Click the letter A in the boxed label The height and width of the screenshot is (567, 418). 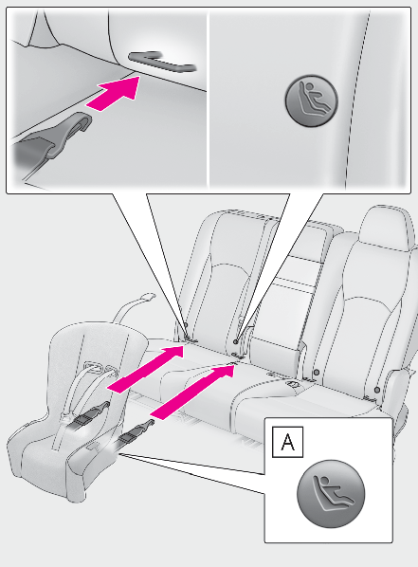coord(287,442)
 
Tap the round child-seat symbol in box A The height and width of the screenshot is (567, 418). coord(331,494)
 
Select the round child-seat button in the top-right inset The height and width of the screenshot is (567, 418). coord(311,101)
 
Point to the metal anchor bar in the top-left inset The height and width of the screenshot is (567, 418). coord(163,62)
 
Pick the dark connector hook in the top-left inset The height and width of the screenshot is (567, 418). coord(54,137)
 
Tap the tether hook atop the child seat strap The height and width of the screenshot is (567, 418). coord(146,297)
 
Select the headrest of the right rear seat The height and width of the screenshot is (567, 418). coord(386,226)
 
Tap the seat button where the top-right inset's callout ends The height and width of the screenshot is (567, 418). coord(236,341)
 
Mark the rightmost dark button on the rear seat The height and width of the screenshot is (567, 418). coord(377,390)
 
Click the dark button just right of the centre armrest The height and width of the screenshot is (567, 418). coord(317,372)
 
